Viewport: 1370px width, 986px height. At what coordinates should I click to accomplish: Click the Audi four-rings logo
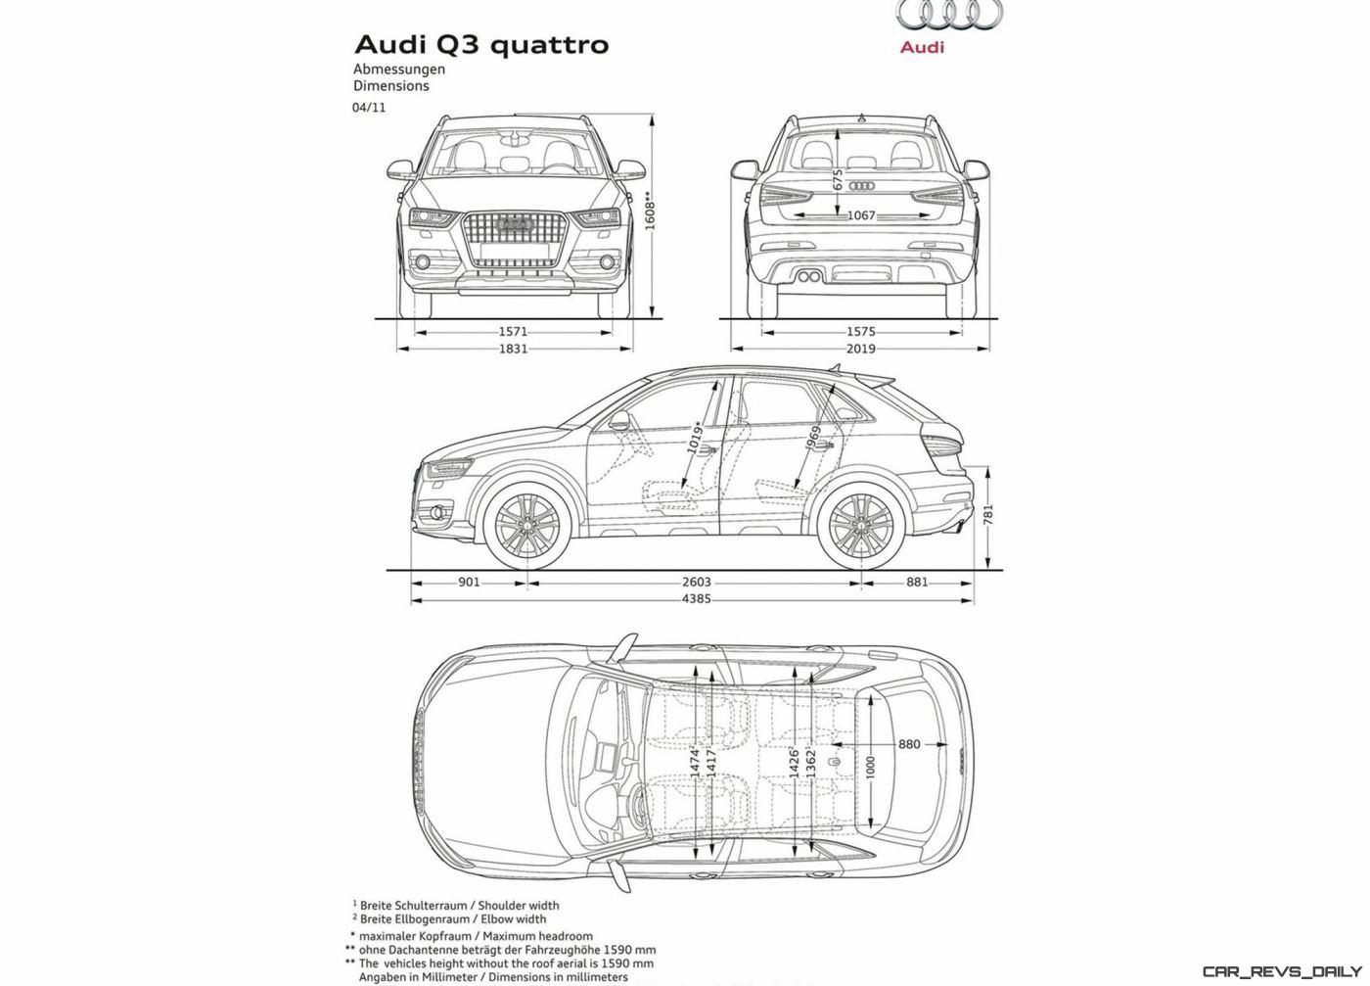click(949, 14)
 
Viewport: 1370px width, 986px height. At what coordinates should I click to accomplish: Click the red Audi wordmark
click(922, 47)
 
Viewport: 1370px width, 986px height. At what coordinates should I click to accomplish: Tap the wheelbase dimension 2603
click(697, 582)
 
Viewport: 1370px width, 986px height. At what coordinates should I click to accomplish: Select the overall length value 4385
click(697, 599)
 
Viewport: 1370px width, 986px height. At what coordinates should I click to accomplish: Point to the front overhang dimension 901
click(469, 582)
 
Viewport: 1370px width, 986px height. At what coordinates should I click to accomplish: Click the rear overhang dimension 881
click(917, 582)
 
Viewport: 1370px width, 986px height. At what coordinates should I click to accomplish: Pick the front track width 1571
click(513, 332)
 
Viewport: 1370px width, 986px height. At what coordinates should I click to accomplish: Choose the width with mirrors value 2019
click(860, 349)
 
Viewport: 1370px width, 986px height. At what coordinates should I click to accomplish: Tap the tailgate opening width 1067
click(861, 215)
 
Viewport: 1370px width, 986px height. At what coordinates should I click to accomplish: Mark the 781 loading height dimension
click(988, 514)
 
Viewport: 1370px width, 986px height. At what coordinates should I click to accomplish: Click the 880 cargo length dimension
click(909, 744)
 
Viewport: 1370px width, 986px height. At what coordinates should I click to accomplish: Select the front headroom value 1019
click(694, 438)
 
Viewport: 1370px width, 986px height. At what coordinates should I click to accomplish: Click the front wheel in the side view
click(526, 525)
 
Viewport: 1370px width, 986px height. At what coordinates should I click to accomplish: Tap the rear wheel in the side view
click(860, 525)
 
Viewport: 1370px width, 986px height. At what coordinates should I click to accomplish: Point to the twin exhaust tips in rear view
click(809, 277)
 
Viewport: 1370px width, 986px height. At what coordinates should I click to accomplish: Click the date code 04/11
click(369, 108)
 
